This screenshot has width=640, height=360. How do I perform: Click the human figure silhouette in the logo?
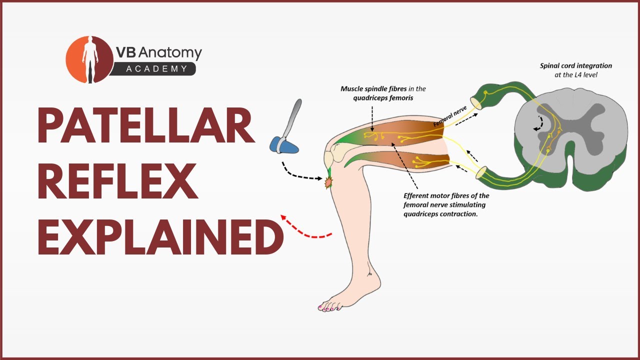click(90, 59)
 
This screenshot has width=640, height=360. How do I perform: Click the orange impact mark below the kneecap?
click(329, 183)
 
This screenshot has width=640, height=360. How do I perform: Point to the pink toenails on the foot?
click(327, 308)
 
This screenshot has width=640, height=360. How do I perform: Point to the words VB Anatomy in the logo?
click(158, 53)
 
